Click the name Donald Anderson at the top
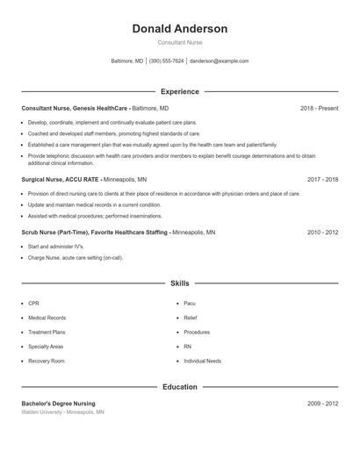(x=179, y=29)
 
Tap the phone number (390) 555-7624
(x=166, y=61)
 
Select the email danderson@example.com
(x=220, y=61)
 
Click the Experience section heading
(x=179, y=91)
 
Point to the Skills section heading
(x=179, y=283)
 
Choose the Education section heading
(x=179, y=387)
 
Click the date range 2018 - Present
(x=319, y=108)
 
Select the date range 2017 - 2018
(x=322, y=179)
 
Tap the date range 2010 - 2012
(x=322, y=232)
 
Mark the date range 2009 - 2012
(x=322, y=404)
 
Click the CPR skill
(x=33, y=303)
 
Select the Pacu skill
(x=191, y=303)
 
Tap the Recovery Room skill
(x=47, y=361)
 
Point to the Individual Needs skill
(x=202, y=361)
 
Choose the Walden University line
(x=62, y=411)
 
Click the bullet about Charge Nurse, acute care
(x=76, y=258)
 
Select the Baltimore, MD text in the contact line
(x=126, y=61)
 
